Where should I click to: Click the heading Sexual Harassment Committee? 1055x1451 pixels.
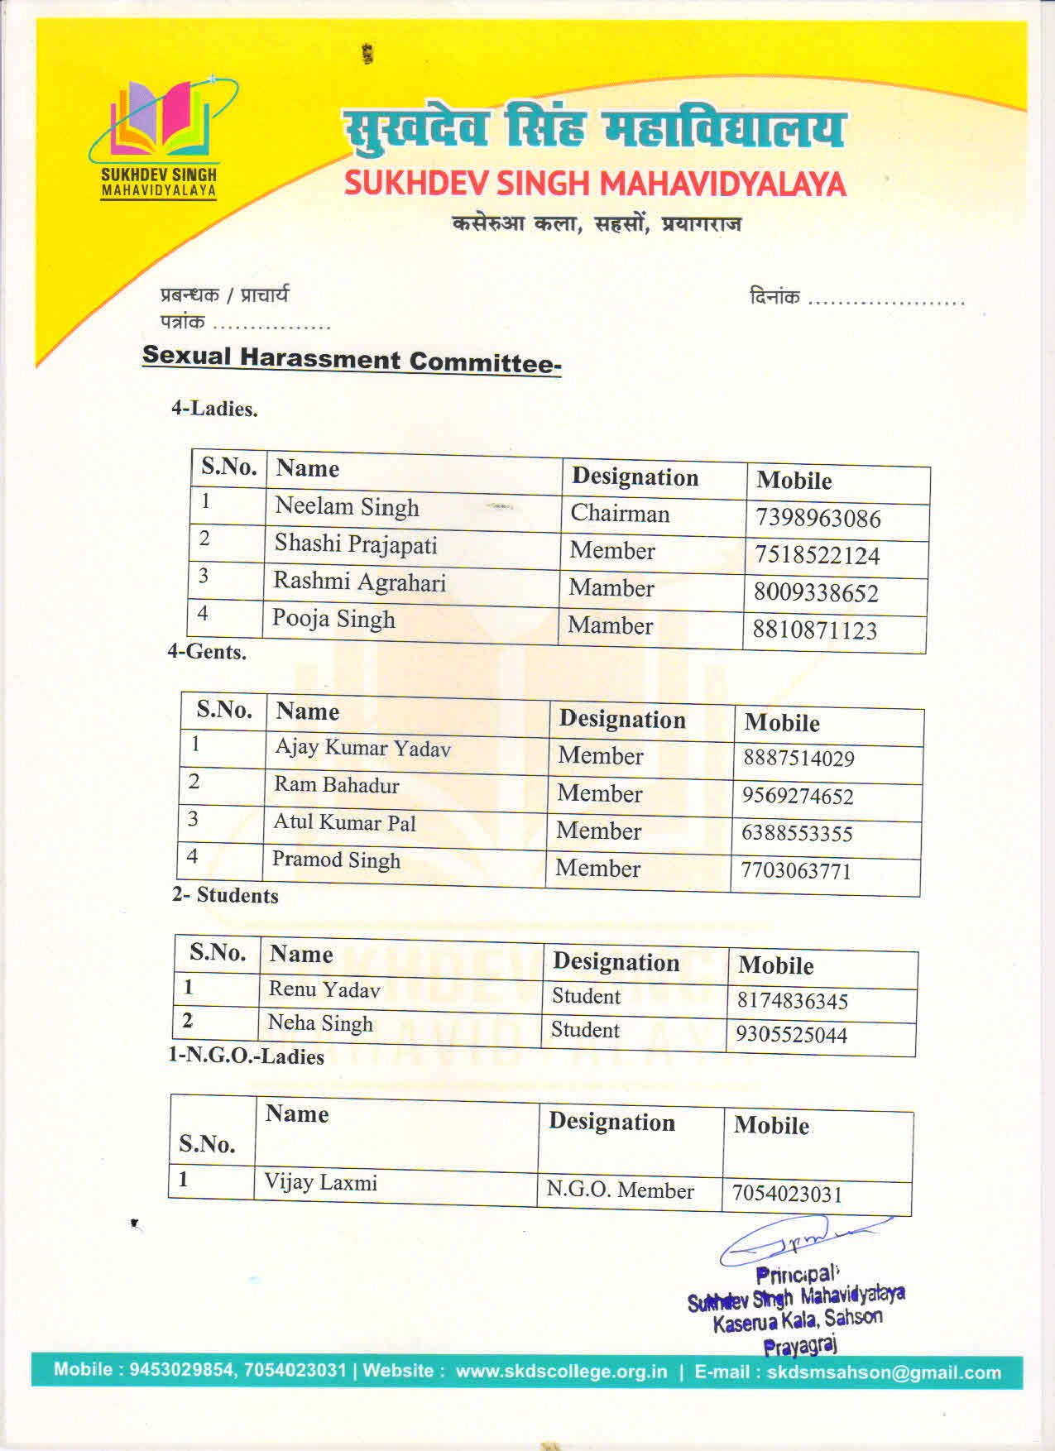tap(352, 359)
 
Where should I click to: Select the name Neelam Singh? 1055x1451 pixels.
tap(347, 506)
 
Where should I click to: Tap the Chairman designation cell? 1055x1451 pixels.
tap(620, 514)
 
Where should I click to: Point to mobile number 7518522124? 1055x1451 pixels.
tap(817, 555)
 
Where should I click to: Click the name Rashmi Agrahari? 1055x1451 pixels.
tap(359, 582)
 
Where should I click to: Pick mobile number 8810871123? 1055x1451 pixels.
tap(814, 630)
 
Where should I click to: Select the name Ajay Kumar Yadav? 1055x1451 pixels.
tap(362, 748)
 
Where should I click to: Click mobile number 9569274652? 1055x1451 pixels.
tap(797, 796)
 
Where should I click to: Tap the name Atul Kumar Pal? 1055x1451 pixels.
tap(344, 822)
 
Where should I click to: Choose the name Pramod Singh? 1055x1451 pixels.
tap(336, 860)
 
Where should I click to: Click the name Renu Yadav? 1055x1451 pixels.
tap(324, 989)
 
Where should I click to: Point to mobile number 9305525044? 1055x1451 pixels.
tap(791, 1035)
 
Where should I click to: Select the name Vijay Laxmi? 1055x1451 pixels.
tap(320, 1182)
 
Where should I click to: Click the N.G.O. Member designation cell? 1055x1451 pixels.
tap(620, 1190)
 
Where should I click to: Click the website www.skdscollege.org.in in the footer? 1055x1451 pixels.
tap(561, 1371)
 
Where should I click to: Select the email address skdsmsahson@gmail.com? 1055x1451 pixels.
tap(884, 1372)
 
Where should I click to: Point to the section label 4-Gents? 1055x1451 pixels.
tap(207, 652)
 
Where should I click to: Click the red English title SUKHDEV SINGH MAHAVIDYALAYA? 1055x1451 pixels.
tap(595, 184)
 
